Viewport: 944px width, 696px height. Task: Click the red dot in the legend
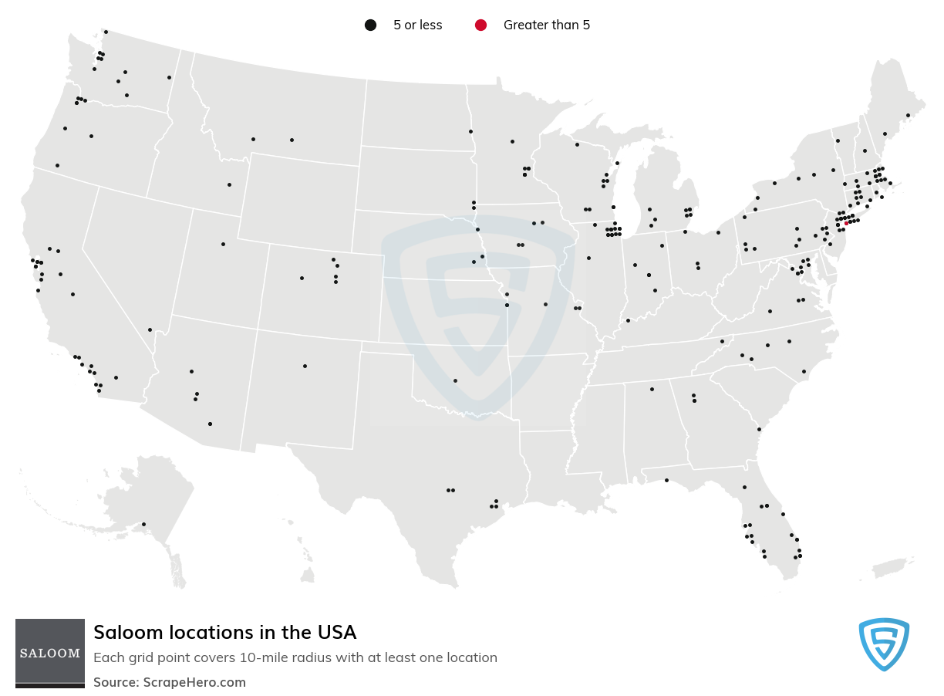click(480, 25)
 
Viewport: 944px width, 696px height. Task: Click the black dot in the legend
click(370, 25)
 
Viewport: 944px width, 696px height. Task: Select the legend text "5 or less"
click(417, 25)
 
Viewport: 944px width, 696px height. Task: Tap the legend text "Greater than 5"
click(546, 25)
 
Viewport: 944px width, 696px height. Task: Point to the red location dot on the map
click(846, 223)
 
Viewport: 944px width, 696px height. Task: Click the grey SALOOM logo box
click(50, 652)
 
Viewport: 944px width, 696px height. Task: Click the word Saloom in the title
click(121, 633)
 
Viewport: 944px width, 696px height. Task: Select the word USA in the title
click(336, 633)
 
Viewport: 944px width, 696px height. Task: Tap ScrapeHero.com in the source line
click(194, 682)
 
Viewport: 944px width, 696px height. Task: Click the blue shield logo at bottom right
click(884, 644)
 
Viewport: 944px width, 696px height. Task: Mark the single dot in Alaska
click(143, 525)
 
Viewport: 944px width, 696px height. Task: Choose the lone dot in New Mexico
click(305, 366)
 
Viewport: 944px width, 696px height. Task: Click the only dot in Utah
click(223, 244)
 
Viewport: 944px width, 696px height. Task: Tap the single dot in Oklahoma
click(455, 380)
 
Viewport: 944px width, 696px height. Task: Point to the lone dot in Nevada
click(150, 329)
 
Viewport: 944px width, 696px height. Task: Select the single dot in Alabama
click(652, 389)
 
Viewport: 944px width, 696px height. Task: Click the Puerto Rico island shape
click(894, 567)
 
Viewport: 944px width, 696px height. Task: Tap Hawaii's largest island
click(307, 575)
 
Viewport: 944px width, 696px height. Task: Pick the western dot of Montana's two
click(253, 139)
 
